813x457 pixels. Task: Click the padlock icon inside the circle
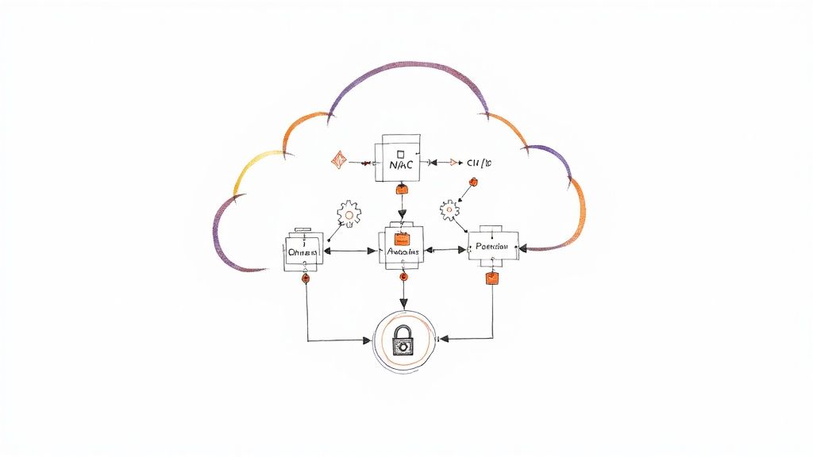404,340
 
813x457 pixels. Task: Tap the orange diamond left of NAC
339,160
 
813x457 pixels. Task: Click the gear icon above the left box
349,213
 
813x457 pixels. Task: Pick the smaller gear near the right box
450,209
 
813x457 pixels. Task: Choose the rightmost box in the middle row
493,248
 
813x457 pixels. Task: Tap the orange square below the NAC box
402,190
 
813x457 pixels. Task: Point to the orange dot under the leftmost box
306,279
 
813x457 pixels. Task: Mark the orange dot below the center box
403,277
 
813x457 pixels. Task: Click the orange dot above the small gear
472,182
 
